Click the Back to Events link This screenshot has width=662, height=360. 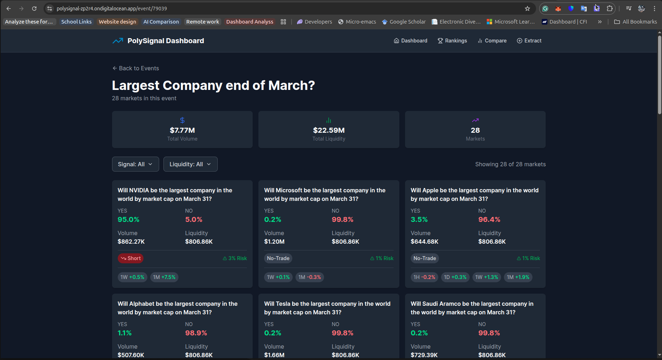coord(136,68)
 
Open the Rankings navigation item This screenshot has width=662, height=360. coord(452,41)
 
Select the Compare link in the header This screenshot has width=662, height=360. coord(492,41)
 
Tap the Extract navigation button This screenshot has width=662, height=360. coord(529,41)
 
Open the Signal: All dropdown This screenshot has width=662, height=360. coord(135,164)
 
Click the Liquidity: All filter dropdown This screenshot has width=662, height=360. coord(190,164)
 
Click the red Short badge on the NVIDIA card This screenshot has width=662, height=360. coord(131,258)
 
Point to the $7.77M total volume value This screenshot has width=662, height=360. coord(182,130)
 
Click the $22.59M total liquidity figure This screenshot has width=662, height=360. coord(329,130)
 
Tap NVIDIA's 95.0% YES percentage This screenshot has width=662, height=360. coord(128,219)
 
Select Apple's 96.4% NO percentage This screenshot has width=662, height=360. coord(489,219)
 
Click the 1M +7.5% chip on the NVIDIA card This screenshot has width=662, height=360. coord(164,277)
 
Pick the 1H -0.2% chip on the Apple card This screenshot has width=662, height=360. coord(424,277)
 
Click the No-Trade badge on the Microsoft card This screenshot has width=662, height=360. coord(278,258)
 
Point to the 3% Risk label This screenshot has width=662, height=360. coord(235,258)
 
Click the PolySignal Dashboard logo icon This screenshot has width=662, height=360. coord(118,41)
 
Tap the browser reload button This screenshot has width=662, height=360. coord(34,9)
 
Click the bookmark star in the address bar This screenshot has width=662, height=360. coord(527,9)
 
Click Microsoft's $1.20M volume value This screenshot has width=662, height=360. coord(274,242)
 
